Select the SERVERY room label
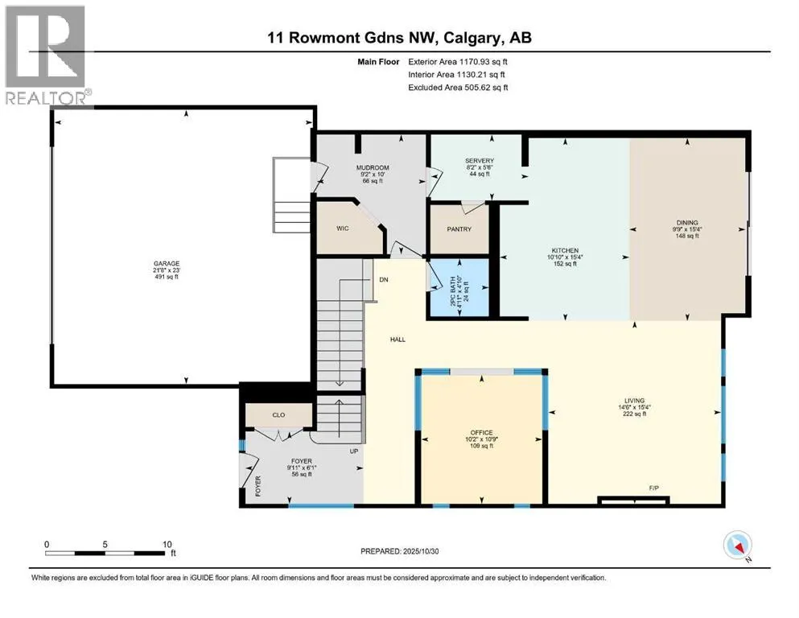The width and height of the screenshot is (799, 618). tap(479, 161)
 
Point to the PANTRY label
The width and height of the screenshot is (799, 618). tap(458, 229)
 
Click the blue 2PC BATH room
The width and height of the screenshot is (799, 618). tap(458, 287)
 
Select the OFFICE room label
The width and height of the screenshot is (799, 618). tap(482, 432)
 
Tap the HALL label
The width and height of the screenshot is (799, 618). tap(397, 340)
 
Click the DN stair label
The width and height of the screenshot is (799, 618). tap(384, 280)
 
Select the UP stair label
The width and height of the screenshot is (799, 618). tap(352, 451)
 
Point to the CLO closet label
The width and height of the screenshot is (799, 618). tap(278, 416)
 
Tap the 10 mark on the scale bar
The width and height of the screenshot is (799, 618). tap(167, 543)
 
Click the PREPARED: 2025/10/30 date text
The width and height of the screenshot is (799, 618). tap(399, 551)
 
